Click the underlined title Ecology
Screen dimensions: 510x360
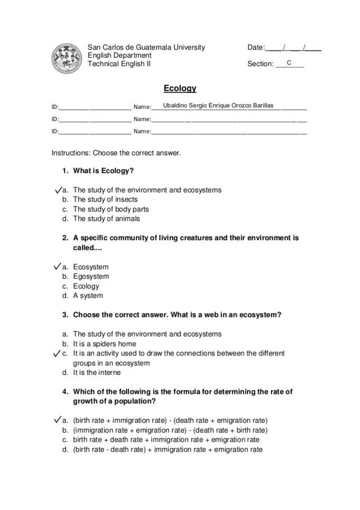[180, 89]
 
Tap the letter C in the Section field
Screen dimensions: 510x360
[289, 63]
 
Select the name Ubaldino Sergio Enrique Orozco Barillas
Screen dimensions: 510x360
[218, 106]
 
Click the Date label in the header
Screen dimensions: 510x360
[255, 48]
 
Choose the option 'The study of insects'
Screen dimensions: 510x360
[105, 200]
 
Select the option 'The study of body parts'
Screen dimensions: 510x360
[111, 209]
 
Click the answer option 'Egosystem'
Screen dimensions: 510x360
[91, 277]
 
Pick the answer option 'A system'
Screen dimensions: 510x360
[88, 295]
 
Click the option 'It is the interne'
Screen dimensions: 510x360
[97, 373]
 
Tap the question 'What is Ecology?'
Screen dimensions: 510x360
[103, 171]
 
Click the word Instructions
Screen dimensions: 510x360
[70, 153]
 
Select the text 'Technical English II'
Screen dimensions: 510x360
[119, 64]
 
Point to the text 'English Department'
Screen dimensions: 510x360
[119, 56]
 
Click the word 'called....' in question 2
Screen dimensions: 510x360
[87, 248]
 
